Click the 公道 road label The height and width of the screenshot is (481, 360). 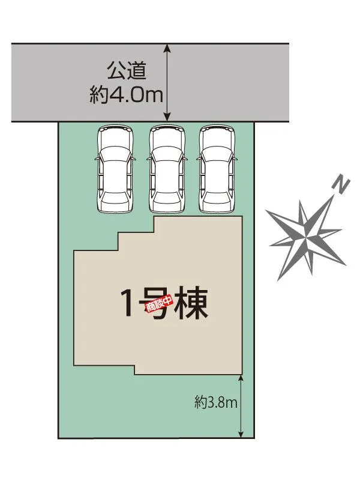click(127, 71)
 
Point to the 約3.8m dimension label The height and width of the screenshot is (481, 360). click(216, 402)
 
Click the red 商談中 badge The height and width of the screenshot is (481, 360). click(159, 304)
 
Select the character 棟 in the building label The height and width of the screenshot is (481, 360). click(191, 303)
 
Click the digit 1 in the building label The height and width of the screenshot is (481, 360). click(128, 303)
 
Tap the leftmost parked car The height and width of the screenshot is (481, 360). click(115, 168)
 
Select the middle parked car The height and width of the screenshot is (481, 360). click(166, 168)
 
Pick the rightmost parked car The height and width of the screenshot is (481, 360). click(217, 168)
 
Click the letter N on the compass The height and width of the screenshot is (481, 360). click(340, 186)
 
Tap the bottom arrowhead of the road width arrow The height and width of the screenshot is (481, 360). click(166, 118)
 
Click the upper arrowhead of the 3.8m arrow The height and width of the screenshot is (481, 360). click(241, 378)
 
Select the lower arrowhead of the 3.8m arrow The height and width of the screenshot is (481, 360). click(241, 434)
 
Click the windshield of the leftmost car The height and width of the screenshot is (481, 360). click(115, 153)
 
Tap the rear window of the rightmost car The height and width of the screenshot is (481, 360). click(217, 196)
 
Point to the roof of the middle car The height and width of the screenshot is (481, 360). click(166, 175)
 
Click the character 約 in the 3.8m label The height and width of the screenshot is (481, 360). click(201, 402)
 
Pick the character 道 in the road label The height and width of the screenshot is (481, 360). click(137, 71)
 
